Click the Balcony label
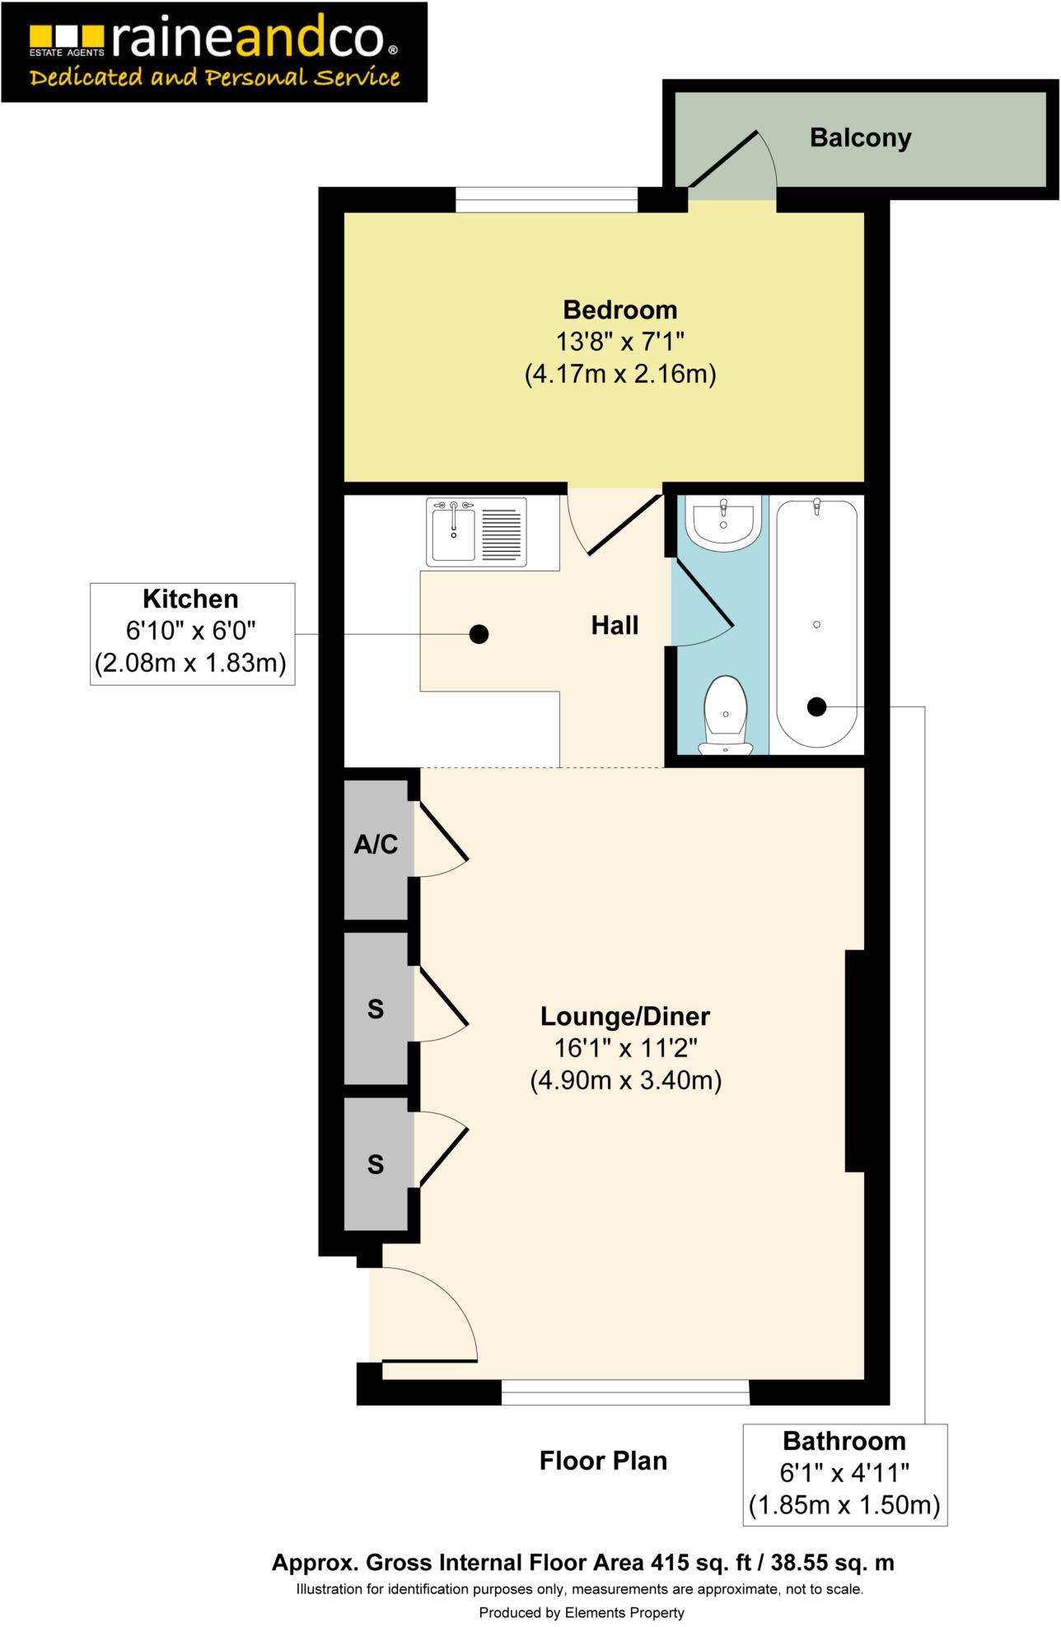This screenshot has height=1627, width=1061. tap(860, 138)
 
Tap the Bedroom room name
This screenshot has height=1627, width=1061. tap(619, 310)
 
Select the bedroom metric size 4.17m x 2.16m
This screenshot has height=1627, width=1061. tap(619, 375)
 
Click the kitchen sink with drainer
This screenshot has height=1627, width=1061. tap(476, 533)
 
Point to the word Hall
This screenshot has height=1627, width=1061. tap(615, 626)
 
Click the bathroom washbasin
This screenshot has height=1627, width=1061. tap(723, 524)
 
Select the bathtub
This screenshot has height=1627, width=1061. tap(816, 623)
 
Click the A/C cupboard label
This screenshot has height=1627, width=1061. tap(376, 845)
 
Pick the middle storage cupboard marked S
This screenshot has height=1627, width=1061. tap(376, 1009)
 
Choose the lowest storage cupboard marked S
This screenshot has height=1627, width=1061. tap(376, 1164)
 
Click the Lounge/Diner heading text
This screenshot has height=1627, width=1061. tap(624, 1017)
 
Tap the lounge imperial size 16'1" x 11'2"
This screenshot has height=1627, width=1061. tap(624, 1048)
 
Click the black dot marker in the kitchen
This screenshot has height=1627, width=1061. tap(479, 634)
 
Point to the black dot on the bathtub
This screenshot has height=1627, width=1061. tap(816, 706)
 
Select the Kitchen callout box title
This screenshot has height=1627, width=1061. tap(190, 599)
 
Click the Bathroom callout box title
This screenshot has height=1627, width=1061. tap(844, 1442)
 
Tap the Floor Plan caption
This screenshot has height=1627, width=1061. tap(603, 1462)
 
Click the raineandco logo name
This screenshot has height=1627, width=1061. tap(247, 40)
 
